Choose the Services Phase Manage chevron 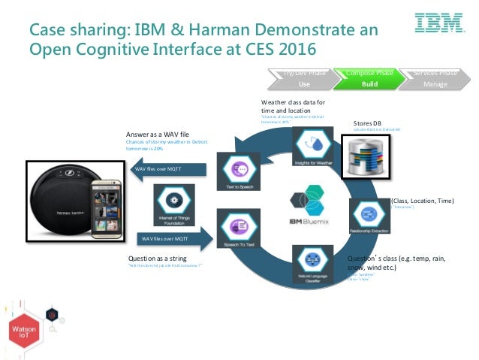coord(434,78)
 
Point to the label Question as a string coord(158,258)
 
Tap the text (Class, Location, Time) coord(421,201)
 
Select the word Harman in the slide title coord(196,31)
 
